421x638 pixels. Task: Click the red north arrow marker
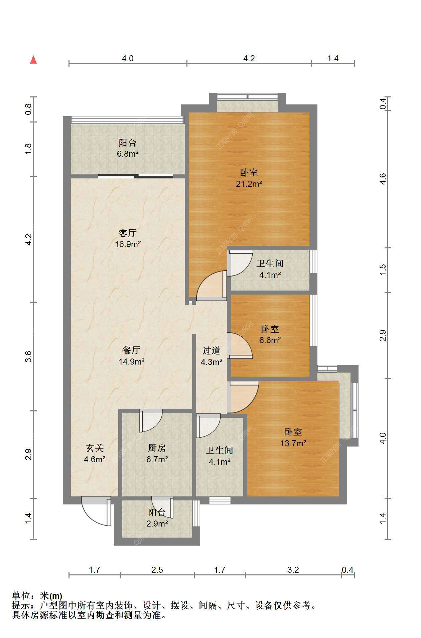(x=33, y=60)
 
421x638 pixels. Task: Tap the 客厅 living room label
(x=128, y=233)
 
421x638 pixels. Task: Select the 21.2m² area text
(x=249, y=183)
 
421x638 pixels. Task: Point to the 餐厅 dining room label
(x=131, y=350)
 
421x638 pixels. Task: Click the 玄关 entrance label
(x=95, y=448)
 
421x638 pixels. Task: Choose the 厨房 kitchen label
(x=157, y=448)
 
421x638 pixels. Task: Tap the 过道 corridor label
(x=212, y=350)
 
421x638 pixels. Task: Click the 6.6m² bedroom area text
(x=270, y=340)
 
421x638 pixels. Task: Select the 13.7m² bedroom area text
(x=293, y=443)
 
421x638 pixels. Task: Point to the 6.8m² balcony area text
(x=128, y=154)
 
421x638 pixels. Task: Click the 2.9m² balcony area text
(x=157, y=524)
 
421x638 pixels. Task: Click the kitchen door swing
(x=151, y=421)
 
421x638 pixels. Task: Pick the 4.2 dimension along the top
(x=249, y=59)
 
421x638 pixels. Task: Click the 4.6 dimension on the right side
(x=383, y=179)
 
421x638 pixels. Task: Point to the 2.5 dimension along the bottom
(x=157, y=569)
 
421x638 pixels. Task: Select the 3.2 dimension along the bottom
(x=293, y=569)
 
